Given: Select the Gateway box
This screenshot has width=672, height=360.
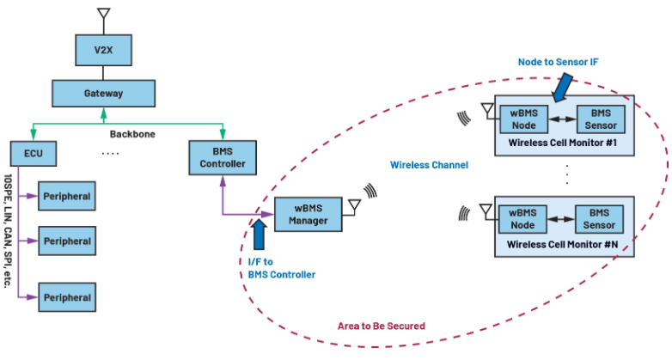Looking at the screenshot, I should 103,93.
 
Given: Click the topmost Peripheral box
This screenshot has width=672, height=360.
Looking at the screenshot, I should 67,197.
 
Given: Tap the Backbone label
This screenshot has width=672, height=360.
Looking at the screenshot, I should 130,135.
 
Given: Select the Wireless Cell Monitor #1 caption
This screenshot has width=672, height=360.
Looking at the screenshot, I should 564,141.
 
